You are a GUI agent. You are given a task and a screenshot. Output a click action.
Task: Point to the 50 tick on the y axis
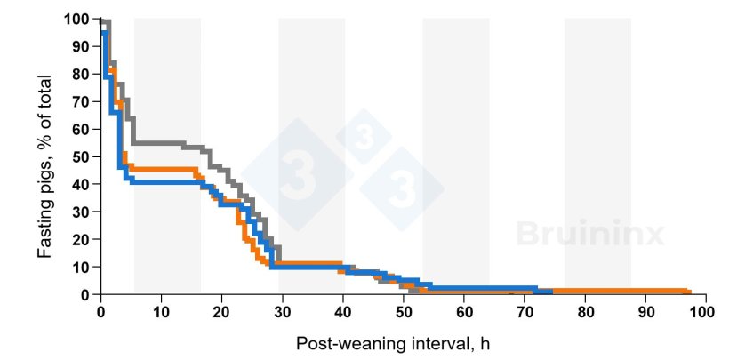pos(82,157)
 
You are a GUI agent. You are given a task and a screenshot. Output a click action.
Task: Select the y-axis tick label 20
pos(82,240)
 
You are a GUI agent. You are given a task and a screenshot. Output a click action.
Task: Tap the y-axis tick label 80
pos(82,75)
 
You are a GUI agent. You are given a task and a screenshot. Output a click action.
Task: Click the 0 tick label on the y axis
pos(85,295)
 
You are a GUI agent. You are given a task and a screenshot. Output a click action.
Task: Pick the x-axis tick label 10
pos(161,313)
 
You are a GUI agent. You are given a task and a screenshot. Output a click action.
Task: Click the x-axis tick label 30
pos(282,313)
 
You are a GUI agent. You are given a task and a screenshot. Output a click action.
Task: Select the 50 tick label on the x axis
pos(402,313)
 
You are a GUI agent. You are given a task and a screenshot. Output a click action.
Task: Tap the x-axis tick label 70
pos(523,313)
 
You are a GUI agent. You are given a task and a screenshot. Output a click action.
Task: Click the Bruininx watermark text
pos(590,234)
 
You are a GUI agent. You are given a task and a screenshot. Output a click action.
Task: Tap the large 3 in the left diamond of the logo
pos(295,167)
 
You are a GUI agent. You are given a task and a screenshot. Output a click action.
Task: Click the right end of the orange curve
pos(689,292)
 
